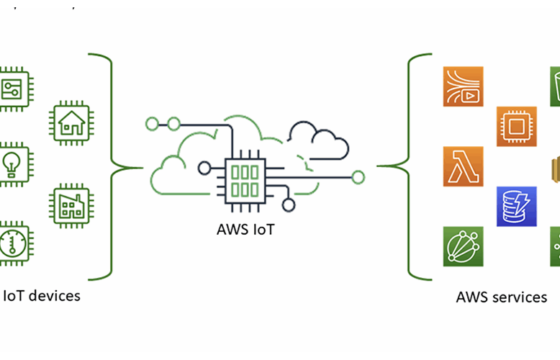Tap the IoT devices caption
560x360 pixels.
[42, 295]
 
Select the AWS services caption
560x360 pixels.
[501, 297]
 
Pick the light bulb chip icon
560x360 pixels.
[13, 162]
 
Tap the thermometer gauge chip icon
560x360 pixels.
[13, 243]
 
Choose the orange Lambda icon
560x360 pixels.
[463, 166]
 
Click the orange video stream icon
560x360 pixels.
[463, 86]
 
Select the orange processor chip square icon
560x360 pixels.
[516, 127]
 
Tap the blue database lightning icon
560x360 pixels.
[516, 206]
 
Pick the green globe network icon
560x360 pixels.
[463, 246]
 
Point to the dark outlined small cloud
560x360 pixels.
[317, 140]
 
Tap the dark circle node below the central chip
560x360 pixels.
[289, 205]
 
